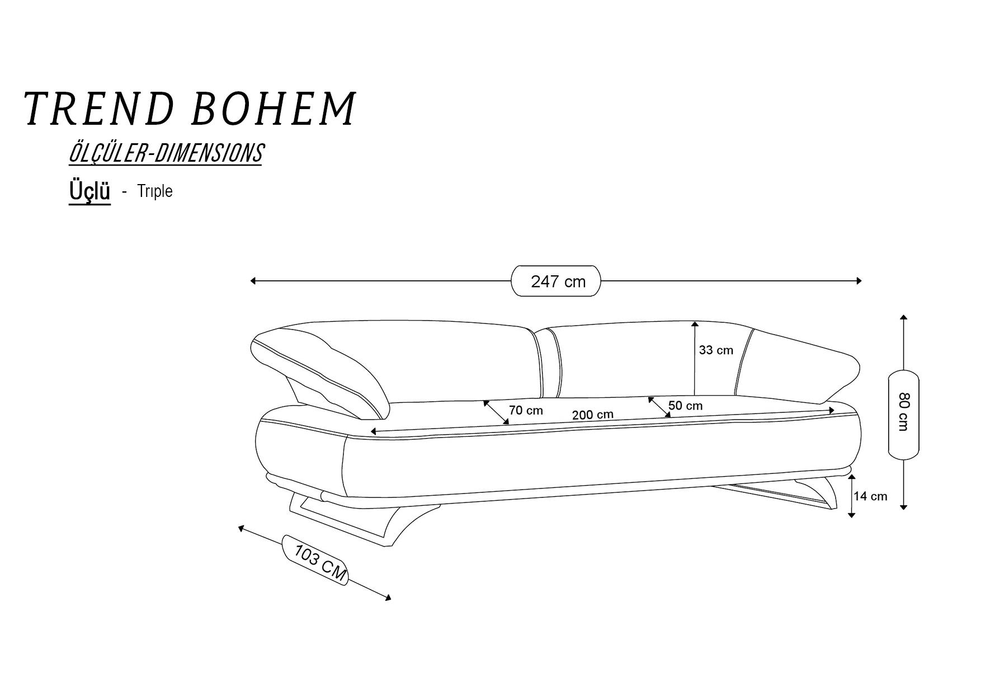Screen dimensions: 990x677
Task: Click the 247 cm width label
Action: pos(558,281)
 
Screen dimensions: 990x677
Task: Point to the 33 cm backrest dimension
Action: pos(716,350)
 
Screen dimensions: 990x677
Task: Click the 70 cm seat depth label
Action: pos(526,410)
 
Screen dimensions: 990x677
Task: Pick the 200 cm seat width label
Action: pos(592,415)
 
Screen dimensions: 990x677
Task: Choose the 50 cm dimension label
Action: pos(685,406)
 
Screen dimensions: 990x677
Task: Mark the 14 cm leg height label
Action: pos(870,496)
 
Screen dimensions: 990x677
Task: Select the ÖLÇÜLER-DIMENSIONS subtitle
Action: pos(166,153)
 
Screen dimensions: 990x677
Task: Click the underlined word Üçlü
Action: pos(89,191)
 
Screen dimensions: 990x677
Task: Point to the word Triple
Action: pos(155,191)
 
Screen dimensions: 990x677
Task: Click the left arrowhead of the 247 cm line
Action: pos(253,281)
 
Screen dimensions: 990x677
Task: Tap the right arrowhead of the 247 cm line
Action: pos(859,281)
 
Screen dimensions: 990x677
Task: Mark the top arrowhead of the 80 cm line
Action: pos(903,318)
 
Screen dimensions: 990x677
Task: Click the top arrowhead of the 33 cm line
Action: pos(695,324)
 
